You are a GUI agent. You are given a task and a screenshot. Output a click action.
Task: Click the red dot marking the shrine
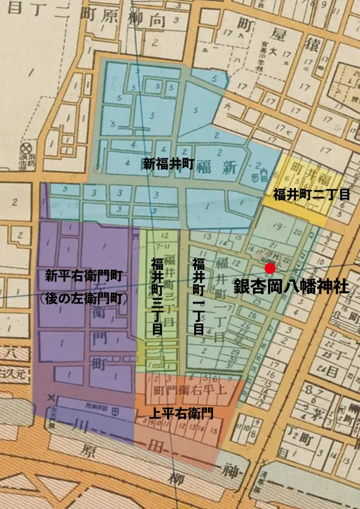point(270,268)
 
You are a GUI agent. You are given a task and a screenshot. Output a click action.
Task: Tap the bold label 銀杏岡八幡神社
point(292,286)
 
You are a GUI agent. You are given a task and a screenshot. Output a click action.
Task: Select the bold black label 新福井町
point(168,164)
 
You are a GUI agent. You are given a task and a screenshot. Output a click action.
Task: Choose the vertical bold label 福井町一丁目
point(198,296)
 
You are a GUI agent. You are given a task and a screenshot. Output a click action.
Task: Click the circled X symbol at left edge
point(25,148)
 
